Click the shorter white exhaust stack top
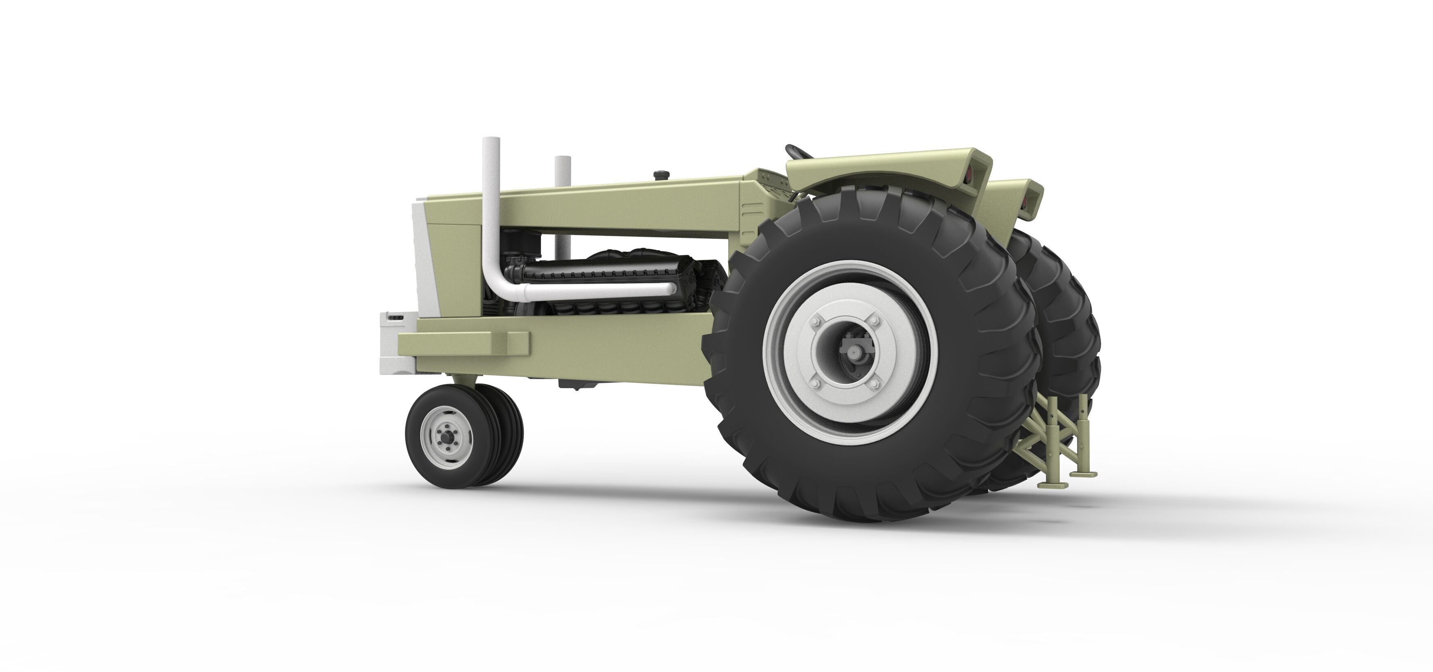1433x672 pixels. (x=563, y=160)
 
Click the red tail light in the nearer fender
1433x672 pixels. (x=969, y=176)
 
